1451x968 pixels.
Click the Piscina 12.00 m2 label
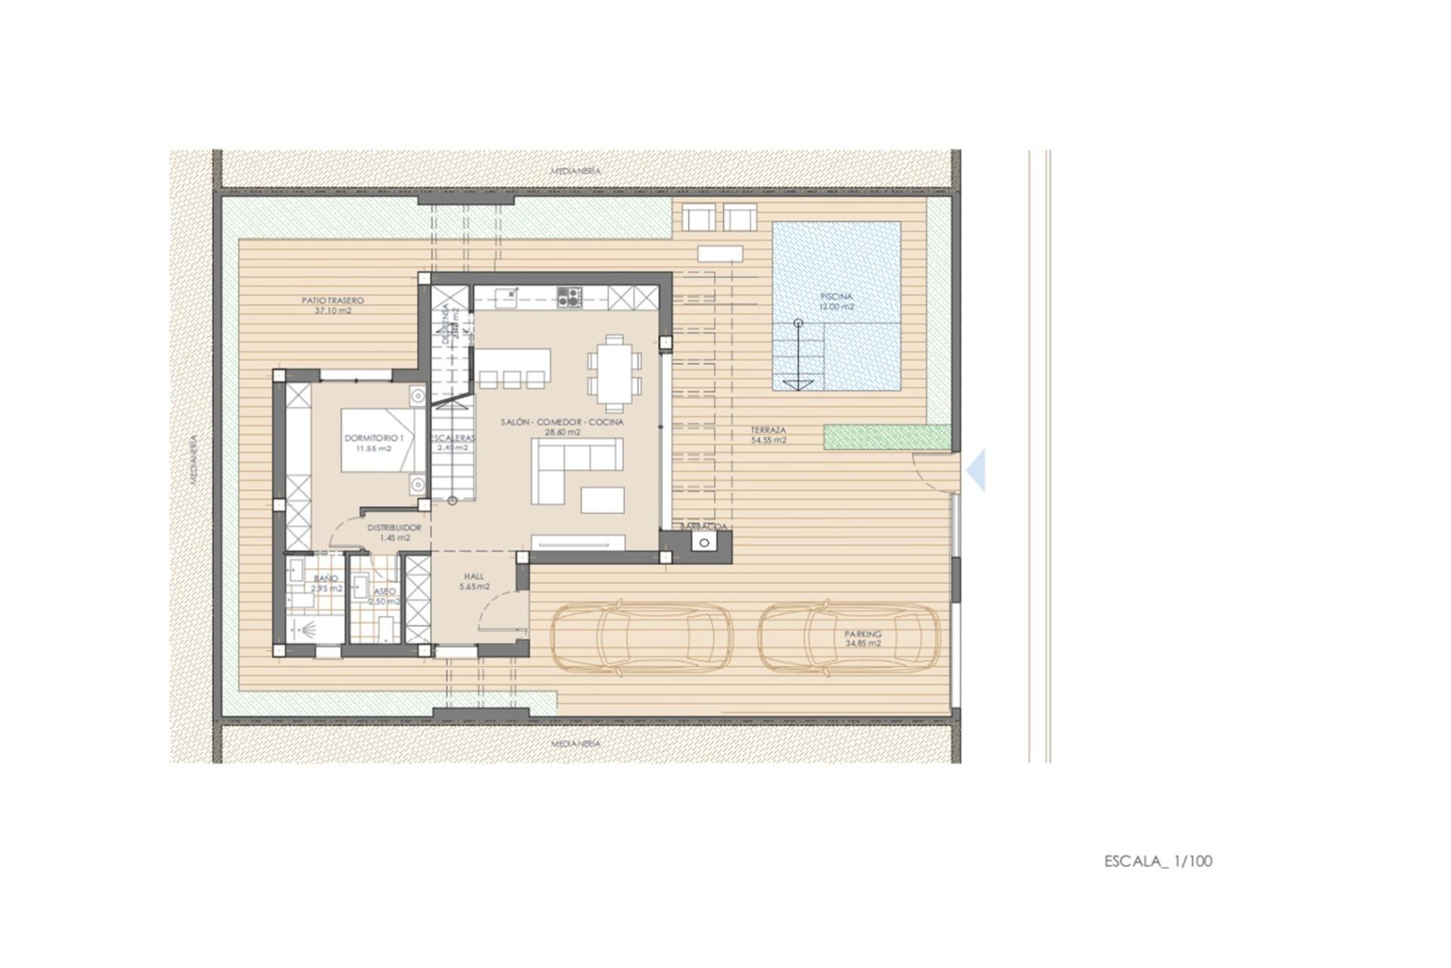point(837,302)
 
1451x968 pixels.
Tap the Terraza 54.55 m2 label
point(768,434)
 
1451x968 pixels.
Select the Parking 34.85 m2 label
point(863,639)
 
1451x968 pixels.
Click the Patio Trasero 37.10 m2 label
point(333,306)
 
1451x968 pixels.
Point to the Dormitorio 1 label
point(374,442)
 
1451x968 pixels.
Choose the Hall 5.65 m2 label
point(474,581)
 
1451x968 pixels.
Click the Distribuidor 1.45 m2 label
point(394,532)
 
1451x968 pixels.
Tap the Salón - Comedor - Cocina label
point(562,427)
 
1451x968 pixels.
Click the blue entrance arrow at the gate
point(977,470)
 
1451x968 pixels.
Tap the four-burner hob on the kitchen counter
point(569,296)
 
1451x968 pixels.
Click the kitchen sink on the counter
point(506,296)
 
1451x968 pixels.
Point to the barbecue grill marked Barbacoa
point(705,542)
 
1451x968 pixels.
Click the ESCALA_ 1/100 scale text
point(1158,861)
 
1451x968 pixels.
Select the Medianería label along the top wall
point(576,171)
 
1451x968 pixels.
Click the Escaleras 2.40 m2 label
point(453,442)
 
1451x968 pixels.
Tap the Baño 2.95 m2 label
point(326,583)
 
